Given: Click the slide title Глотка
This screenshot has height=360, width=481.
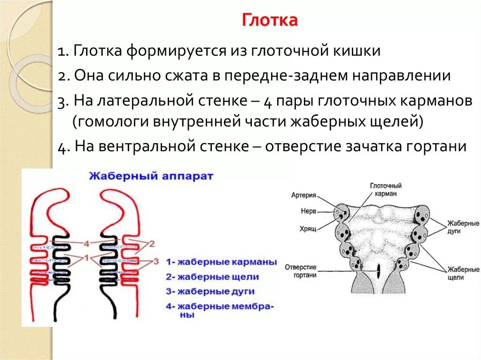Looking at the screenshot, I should (270, 21).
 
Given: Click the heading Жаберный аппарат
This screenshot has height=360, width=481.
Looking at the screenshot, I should (151, 176).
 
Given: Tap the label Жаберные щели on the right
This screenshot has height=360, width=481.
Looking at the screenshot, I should (463, 274).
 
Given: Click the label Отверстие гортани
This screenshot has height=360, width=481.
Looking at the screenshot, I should (301, 271).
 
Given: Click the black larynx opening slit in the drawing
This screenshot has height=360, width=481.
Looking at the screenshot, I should (377, 270).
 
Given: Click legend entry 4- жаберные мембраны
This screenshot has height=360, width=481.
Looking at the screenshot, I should (219, 311).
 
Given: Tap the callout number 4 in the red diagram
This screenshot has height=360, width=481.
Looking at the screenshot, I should (86, 243).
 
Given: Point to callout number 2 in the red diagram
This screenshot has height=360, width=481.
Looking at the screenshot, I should (152, 243).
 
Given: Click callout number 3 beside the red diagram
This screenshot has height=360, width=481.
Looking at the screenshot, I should (156, 260).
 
